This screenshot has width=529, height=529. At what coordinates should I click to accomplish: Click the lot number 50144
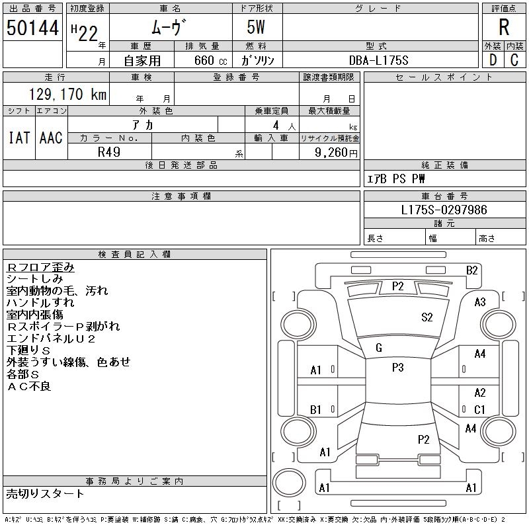pos(32,28)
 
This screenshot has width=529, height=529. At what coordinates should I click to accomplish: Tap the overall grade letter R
pos(504,27)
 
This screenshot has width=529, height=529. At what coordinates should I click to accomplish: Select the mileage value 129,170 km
pos(68,94)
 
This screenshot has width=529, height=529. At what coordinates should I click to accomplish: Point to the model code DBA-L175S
pos(378,60)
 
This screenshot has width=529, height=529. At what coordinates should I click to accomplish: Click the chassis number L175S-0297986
pos(444,210)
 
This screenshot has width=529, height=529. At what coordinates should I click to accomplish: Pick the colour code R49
pos(109,152)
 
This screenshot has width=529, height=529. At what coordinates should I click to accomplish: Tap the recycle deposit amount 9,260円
pos(336,153)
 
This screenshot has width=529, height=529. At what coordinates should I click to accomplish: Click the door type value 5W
pos(256,27)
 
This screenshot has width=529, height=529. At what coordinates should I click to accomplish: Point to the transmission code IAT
pos(19,138)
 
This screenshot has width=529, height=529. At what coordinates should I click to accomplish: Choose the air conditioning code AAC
pos(51,138)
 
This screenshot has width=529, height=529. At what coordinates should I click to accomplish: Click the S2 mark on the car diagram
pos(427,317)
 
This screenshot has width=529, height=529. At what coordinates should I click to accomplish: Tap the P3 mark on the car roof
pos(398,368)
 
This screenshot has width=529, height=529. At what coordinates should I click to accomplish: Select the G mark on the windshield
pos(379,348)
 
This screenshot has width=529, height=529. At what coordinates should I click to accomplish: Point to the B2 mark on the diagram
pos(471,270)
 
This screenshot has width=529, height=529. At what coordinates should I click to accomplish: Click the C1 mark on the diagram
pos(479,409)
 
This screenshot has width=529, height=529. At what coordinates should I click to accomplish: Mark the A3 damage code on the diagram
pos(480,302)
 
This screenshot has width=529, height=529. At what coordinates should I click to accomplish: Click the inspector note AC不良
pos(29,386)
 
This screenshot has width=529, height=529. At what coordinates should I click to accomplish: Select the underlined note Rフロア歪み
pos(40,267)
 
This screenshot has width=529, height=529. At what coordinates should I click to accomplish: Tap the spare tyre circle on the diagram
pos(289,483)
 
